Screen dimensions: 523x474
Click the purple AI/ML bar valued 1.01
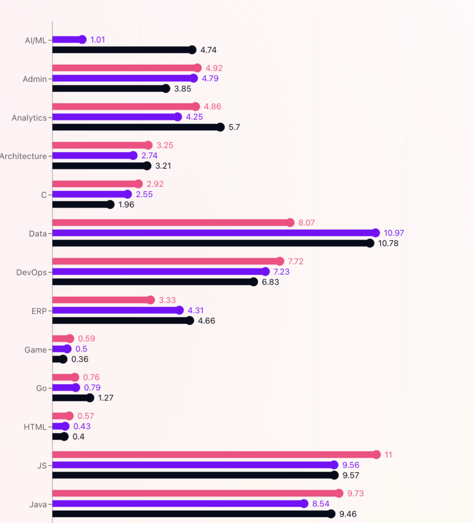click(x=67, y=39)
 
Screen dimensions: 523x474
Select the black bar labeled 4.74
click(x=122, y=50)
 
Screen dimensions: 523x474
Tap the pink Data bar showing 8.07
click(x=171, y=222)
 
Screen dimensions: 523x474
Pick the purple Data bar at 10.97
click(x=214, y=233)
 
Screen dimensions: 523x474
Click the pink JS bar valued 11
click(x=214, y=455)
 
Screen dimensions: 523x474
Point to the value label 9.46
click(x=347, y=514)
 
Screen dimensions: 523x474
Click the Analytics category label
click(x=29, y=117)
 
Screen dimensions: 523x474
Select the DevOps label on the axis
click(x=32, y=272)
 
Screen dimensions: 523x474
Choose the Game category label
click(x=36, y=350)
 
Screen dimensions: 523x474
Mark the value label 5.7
click(x=234, y=127)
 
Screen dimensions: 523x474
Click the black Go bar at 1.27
click(x=71, y=398)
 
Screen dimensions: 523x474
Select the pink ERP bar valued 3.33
click(x=102, y=300)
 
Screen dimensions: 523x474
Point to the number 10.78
click(x=388, y=243)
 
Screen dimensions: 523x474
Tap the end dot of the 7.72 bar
click(x=280, y=261)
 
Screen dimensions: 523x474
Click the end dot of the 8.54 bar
click(x=304, y=504)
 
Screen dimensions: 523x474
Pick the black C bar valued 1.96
click(x=82, y=204)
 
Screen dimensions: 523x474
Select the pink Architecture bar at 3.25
click(x=101, y=145)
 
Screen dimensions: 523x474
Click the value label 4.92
click(x=214, y=68)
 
